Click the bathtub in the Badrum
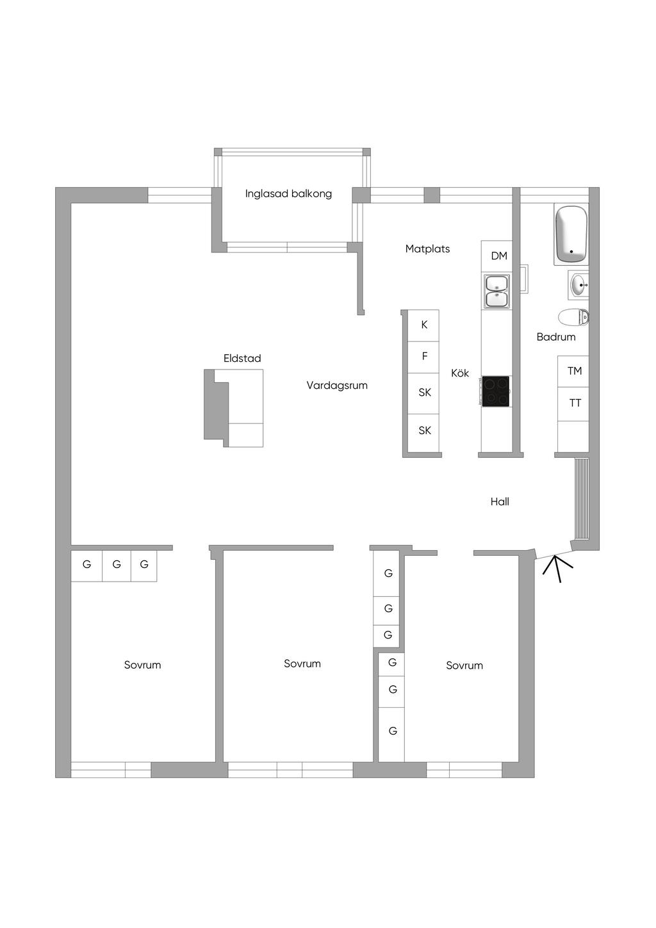(571, 234)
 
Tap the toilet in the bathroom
(573, 318)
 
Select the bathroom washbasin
(578, 284)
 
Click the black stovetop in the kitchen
(496, 391)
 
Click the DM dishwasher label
(499, 256)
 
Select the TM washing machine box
(573, 371)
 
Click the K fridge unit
(423, 325)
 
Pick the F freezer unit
(423, 357)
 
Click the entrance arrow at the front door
(558, 569)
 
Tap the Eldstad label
(242, 359)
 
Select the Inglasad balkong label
(288, 194)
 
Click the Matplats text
(428, 249)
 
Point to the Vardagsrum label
(337, 386)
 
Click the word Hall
(500, 501)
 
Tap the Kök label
(460, 373)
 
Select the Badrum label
(556, 337)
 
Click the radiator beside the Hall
(582, 499)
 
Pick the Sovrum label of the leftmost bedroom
(143, 665)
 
